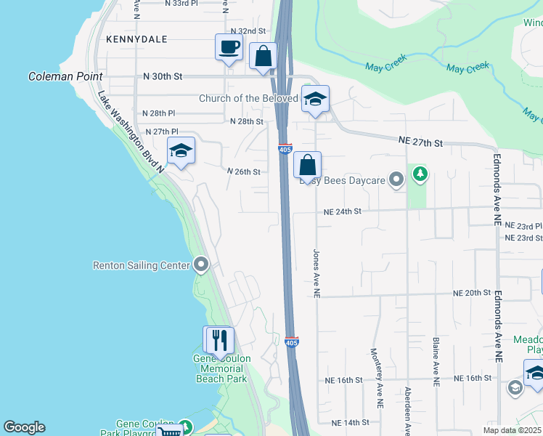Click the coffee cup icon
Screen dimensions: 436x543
pyautogui.click(x=229, y=48)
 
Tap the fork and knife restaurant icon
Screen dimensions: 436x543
pyautogui.click(x=219, y=340)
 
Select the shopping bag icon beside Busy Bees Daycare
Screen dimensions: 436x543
pyautogui.click(x=308, y=165)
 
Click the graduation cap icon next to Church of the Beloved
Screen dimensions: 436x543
pyautogui.click(x=315, y=100)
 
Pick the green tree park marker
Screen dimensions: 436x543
pyautogui.click(x=420, y=174)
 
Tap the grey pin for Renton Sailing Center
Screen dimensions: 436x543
pyautogui.click(x=202, y=265)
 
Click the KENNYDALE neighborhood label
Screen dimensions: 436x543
pyautogui.click(x=136, y=39)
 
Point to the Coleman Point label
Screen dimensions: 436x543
pyautogui.click(x=61, y=76)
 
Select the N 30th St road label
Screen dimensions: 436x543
pyautogui.click(x=162, y=76)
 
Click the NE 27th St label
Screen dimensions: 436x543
pyautogui.click(x=420, y=143)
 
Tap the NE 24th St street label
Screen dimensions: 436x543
pyautogui.click(x=342, y=211)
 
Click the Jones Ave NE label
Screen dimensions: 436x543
pyautogui.click(x=317, y=273)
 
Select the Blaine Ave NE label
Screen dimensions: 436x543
pyautogui.click(x=436, y=360)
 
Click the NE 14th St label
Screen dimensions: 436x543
pyautogui.click(x=351, y=422)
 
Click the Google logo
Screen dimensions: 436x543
pyautogui.click(x=24, y=427)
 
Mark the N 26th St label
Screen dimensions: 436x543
pyautogui.click(x=243, y=171)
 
